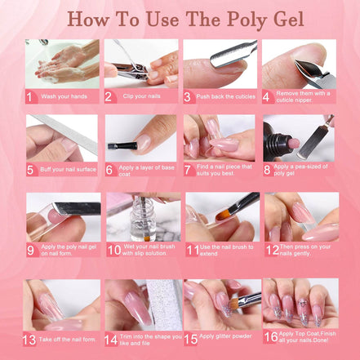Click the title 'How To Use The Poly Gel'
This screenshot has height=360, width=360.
[180, 19]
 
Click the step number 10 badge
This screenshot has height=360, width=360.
[113, 249]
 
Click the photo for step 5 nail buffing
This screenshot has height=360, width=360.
[62, 136]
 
